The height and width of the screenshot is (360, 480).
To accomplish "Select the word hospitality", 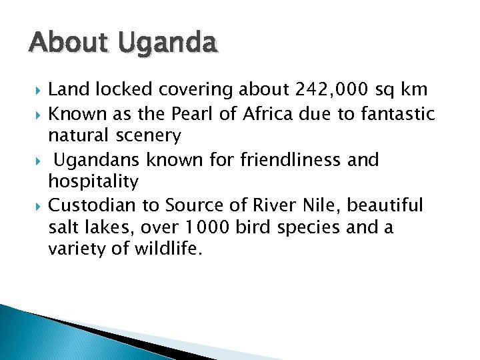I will point(93,182).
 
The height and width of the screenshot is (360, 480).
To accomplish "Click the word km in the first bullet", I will point(413,89).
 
